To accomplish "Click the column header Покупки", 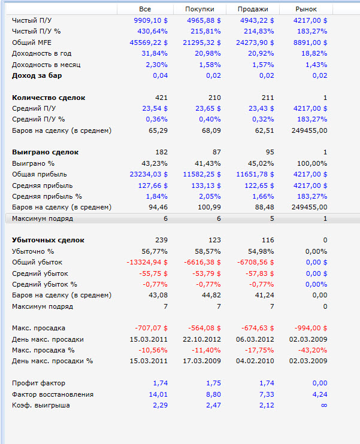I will pos(199,9).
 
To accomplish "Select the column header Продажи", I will pos(253,9).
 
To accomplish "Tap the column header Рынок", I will pos(306,9).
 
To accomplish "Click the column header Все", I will pos(145,9).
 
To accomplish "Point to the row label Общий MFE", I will pos(33,42).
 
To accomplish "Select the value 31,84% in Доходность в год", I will pos(155,53).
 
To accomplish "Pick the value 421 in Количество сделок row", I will pos(161,98).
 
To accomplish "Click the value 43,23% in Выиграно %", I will pos(155,163).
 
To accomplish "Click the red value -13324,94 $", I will pos(147,262).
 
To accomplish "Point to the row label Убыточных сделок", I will pos(49,240).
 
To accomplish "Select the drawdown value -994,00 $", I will pos(311,328).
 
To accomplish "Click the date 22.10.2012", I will pos(202,339).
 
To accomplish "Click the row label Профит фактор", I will pos(39,383).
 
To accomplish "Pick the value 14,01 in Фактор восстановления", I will pos(158,394).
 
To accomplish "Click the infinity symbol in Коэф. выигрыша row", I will pos(324,405).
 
